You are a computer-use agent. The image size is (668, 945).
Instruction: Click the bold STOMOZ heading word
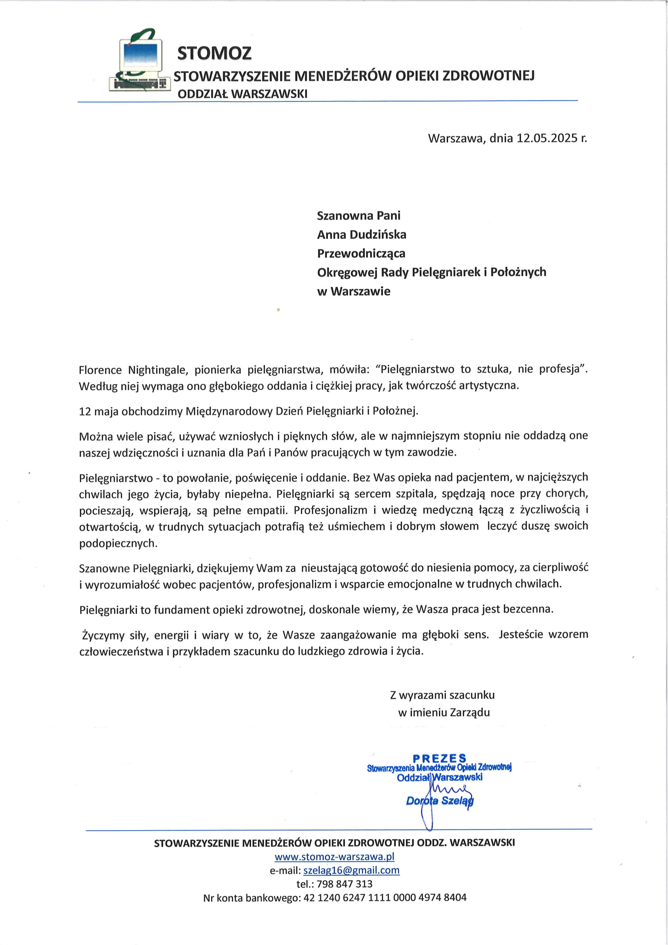tap(214, 53)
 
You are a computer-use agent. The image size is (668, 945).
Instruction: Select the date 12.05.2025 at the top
tap(547, 138)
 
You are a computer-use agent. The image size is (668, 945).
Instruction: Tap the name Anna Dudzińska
tap(361, 235)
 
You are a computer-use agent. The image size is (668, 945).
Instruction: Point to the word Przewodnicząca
tap(361, 254)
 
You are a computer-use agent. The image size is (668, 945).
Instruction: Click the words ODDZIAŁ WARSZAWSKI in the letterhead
tap(242, 94)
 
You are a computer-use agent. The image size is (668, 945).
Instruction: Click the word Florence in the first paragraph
tap(100, 370)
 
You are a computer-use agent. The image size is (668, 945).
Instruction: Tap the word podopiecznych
tap(118, 543)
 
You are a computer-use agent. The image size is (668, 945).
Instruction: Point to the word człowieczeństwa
tap(121, 652)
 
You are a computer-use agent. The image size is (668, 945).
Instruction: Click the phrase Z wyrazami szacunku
tap(442, 695)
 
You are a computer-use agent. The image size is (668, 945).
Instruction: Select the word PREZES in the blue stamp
tap(440, 758)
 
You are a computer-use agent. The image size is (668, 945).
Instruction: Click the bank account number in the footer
tap(385, 898)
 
